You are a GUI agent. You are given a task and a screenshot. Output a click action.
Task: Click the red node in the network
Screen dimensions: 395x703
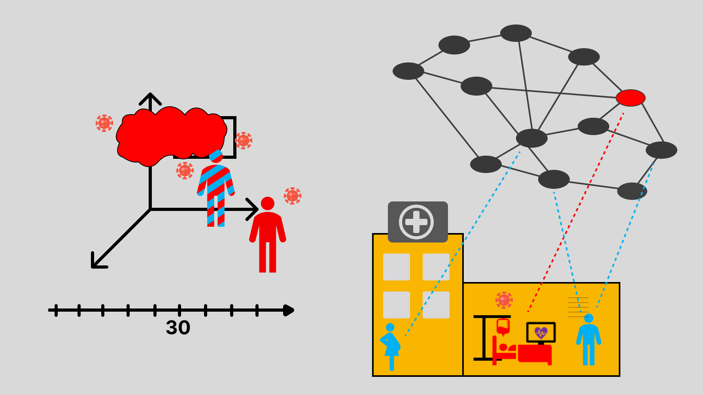tap(630, 98)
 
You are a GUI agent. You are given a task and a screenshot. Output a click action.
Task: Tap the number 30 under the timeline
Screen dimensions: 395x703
tap(178, 327)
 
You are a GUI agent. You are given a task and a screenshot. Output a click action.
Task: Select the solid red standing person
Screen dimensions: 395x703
tap(268, 237)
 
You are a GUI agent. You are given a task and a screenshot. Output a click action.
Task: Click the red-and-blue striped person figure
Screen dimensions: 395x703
tap(216, 190)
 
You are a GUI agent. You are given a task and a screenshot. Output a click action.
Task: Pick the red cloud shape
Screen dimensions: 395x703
tap(170, 134)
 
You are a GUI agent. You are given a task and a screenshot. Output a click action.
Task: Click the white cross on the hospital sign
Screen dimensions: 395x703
tap(416, 222)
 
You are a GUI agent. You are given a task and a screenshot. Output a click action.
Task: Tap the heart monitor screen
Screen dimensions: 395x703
tap(541, 333)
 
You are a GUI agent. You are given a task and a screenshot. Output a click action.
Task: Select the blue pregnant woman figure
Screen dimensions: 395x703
tap(391, 346)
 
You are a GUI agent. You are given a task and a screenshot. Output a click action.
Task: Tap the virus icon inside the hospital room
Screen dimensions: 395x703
tap(504, 300)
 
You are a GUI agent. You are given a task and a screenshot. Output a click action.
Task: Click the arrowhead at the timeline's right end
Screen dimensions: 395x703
tap(289, 310)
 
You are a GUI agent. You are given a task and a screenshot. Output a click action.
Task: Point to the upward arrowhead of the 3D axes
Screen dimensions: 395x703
tap(150, 97)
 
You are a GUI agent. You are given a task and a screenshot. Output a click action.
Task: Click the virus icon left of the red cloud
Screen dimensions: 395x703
tap(104, 123)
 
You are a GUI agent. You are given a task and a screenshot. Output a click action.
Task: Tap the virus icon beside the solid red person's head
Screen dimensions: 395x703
tap(292, 196)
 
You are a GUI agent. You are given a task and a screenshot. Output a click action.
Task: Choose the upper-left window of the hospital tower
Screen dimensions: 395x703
tap(396, 267)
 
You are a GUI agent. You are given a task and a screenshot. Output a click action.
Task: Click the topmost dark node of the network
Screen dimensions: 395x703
tap(516, 33)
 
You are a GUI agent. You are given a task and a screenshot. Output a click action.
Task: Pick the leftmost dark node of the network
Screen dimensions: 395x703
tap(408, 71)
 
